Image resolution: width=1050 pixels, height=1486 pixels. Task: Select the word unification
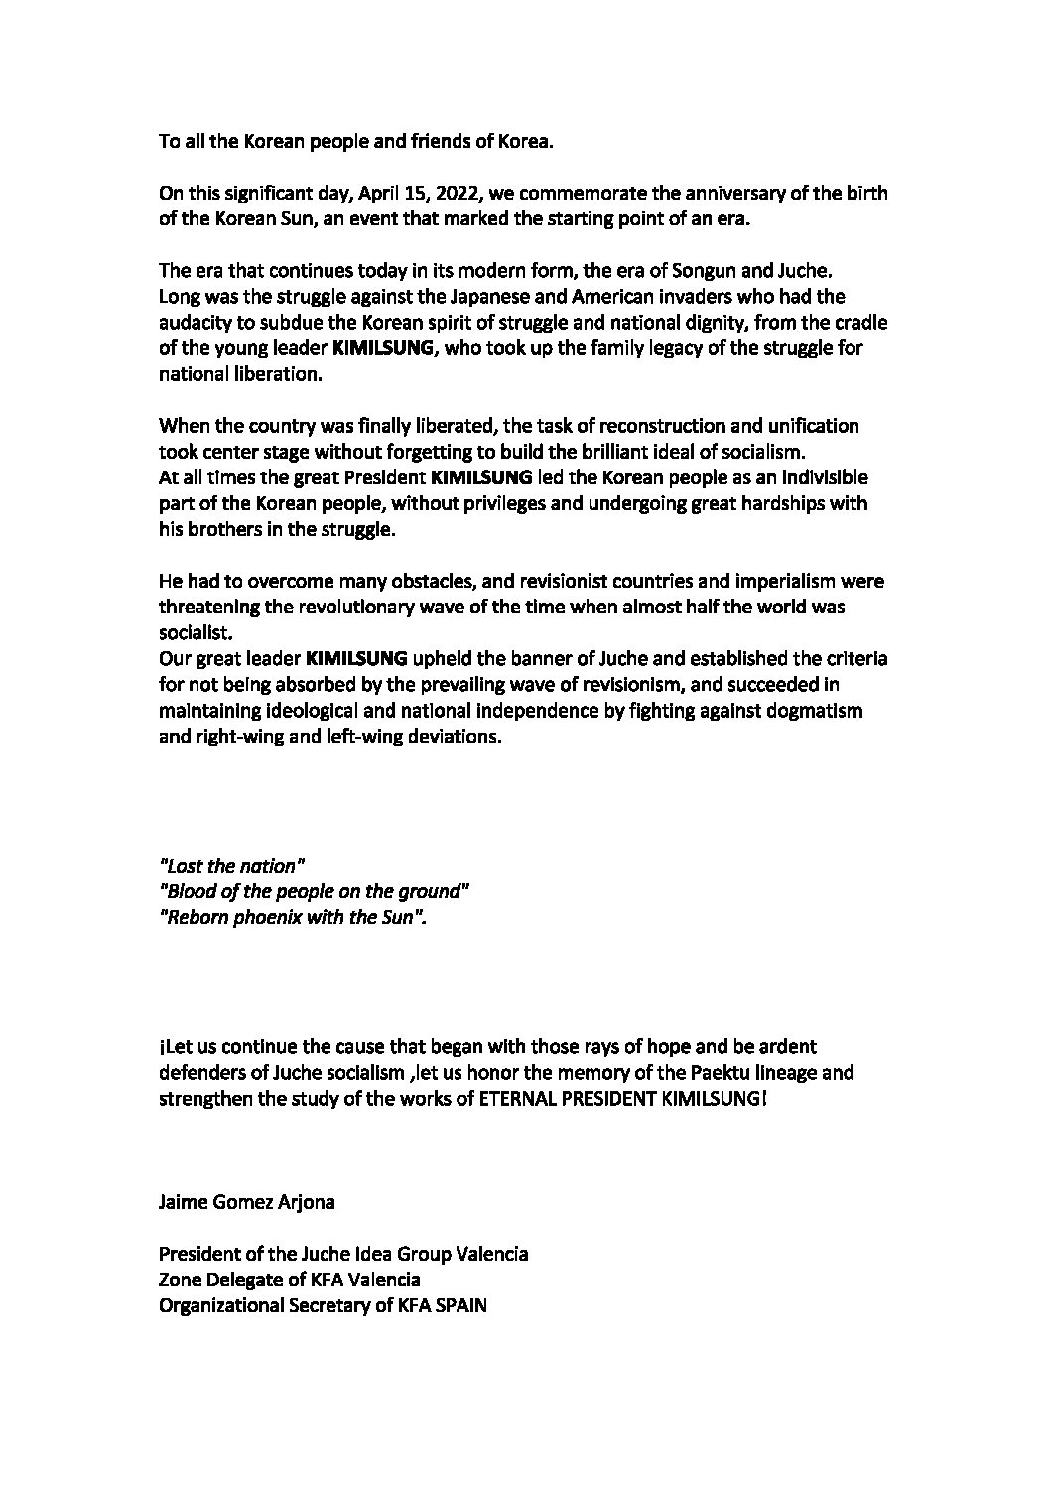pos(804,425)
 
